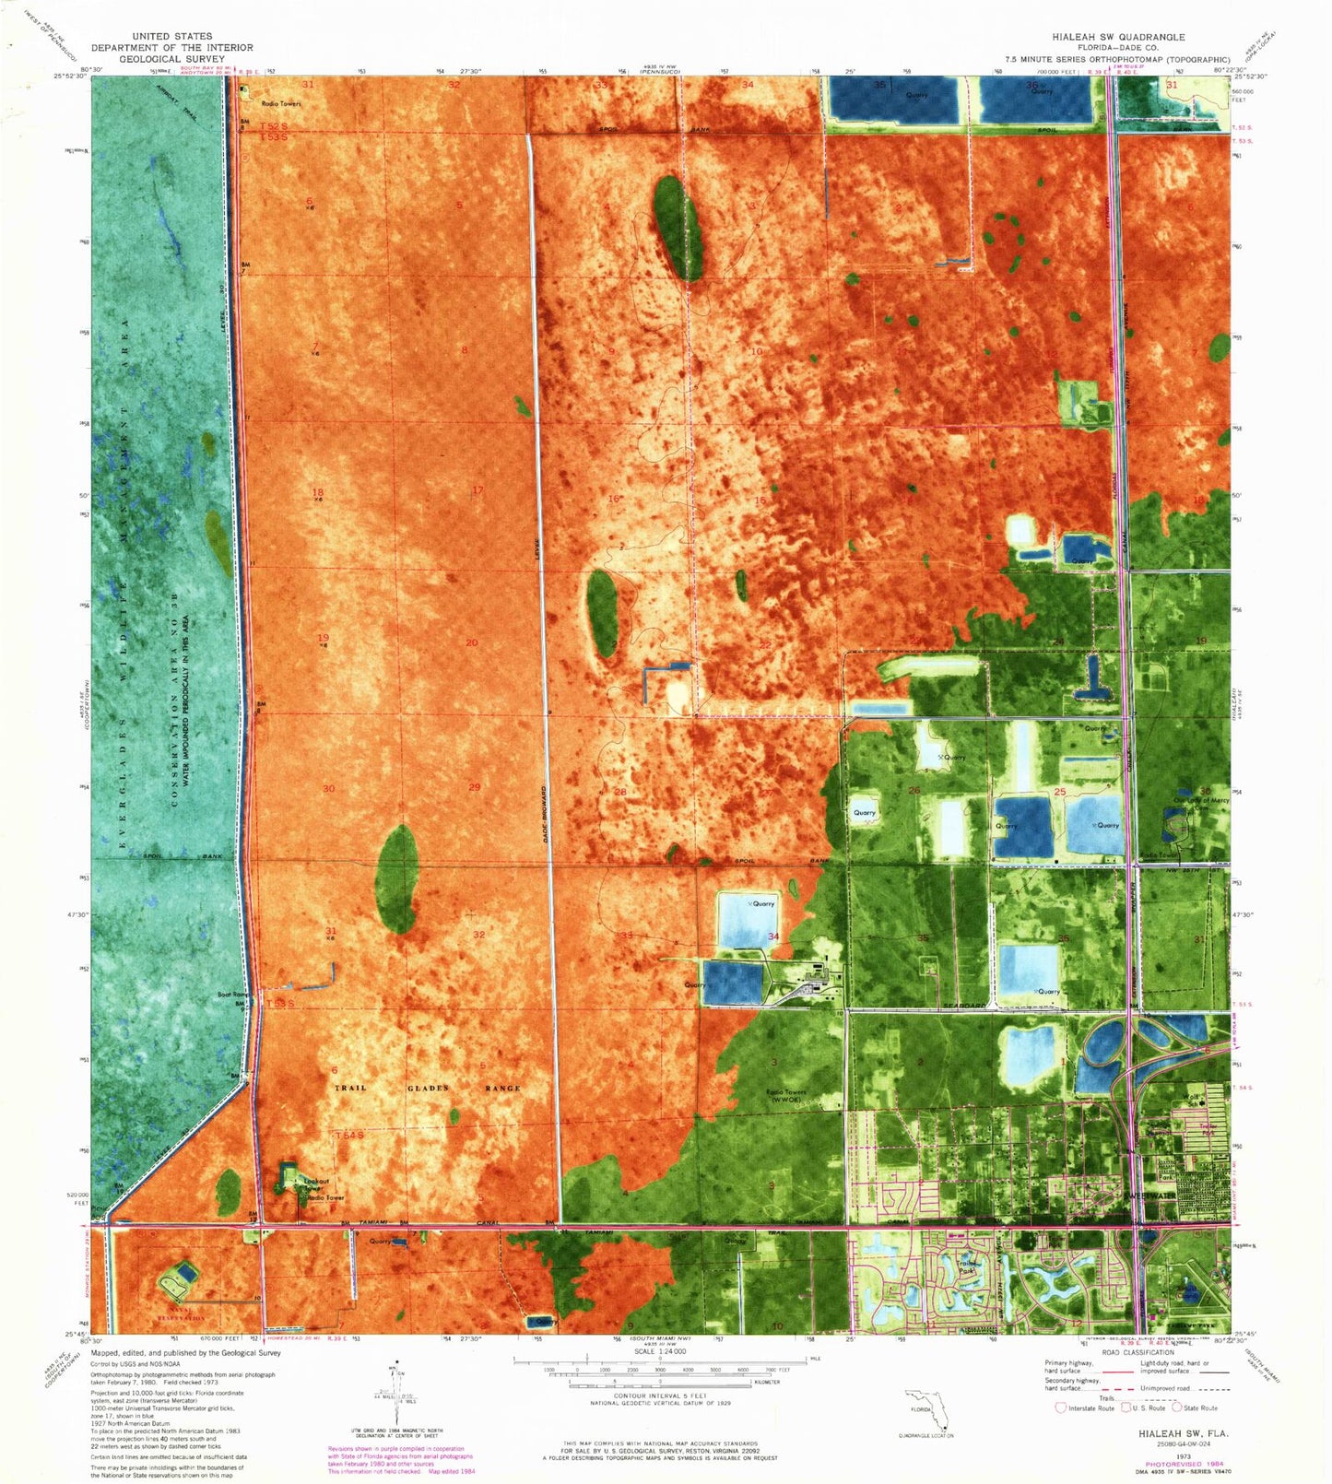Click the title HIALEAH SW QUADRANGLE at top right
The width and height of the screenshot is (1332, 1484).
1119,37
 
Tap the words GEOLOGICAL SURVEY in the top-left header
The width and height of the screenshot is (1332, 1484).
172,58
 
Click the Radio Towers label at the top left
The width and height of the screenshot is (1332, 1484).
280,104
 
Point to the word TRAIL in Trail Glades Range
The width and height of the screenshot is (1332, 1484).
349,1089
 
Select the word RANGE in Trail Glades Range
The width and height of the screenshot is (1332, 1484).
503,1089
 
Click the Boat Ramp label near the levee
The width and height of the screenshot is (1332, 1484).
233,995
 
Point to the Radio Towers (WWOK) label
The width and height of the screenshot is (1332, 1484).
786,1096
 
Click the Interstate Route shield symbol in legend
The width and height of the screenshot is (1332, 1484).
1061,1407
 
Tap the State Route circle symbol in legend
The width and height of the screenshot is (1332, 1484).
1176,1407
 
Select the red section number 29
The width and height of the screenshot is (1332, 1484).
475,786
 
